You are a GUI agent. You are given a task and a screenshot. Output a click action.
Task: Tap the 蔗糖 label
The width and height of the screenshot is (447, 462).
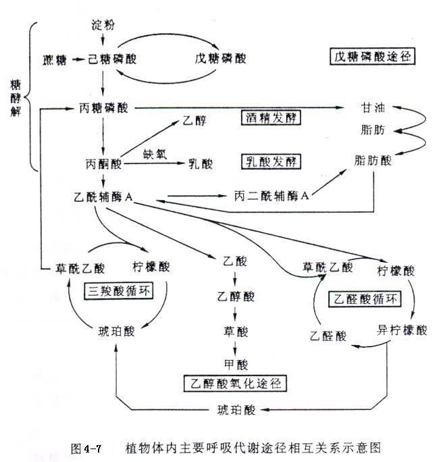[55, 59]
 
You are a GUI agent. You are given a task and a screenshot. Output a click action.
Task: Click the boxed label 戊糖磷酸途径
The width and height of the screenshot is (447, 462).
[373, 57]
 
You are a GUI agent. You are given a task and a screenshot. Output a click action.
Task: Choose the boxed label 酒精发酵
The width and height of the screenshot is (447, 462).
[270, 118]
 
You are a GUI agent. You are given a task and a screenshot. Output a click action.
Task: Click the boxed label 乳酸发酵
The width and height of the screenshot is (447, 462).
[270, 161]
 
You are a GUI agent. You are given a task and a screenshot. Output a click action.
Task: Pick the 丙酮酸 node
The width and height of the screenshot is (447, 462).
[103, 164]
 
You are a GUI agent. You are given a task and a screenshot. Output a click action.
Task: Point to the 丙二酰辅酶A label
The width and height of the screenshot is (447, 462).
[271, 196]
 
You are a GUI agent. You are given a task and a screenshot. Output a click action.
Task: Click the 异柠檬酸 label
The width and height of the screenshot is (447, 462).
[402, 331]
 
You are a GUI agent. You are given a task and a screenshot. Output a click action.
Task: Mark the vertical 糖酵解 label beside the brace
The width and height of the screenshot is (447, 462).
[16, 97]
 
